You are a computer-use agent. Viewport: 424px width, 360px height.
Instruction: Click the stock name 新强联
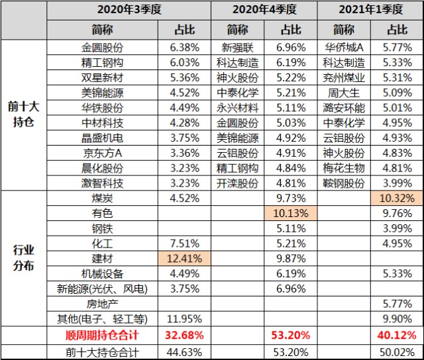[x=237, y=48]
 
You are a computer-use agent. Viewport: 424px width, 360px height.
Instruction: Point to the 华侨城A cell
[x=344, y=48]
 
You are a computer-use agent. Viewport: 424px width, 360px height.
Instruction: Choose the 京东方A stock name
[x=102, y=154]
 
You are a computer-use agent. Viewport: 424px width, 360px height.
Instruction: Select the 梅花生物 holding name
[x=344, y=168]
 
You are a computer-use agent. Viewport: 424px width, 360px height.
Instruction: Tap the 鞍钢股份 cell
[x=344, y=183]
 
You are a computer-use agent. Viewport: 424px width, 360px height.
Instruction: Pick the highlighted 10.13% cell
[x=290, y=213]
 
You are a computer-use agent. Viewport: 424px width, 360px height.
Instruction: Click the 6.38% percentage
[x=185, y=48]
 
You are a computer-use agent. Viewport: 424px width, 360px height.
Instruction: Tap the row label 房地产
[x=102, y=304]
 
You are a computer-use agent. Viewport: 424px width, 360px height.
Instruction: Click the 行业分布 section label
[x=24, y=258]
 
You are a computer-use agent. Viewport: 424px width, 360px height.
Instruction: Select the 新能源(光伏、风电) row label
[x=102, y=289]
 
